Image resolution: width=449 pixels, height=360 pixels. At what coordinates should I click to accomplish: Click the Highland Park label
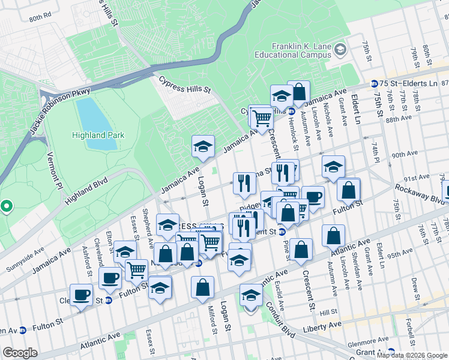tap(98, 135)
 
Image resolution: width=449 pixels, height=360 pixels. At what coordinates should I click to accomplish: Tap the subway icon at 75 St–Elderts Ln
tap(375, 83)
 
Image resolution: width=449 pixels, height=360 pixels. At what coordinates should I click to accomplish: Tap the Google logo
tap(20, 353)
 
